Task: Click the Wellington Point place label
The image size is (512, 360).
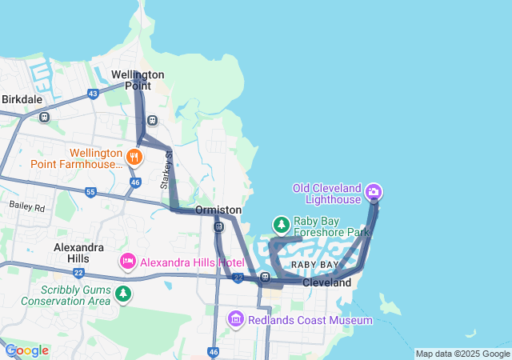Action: [x=138, y=80]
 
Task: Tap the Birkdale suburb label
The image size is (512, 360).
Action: [x=22, y=99]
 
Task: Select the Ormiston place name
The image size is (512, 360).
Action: [x=218, y=210]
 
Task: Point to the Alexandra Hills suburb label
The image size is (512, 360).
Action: [x=78, y=253]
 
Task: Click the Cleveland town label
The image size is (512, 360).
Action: [x=326, y=283]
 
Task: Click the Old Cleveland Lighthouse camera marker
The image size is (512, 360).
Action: [x=374, y=192]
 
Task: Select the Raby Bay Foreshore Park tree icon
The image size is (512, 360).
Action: [x=281, y=224]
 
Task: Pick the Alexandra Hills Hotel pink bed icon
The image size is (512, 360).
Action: [x=128, y=262]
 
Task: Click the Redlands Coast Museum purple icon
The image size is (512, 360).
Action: [x=236, y=320]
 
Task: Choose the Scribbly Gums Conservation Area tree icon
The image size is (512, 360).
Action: [x=123, y=294]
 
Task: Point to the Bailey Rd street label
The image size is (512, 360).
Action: [x=28, y=206]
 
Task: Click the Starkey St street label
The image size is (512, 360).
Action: [x=166, y=170]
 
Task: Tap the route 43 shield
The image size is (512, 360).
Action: [x=94, y=94]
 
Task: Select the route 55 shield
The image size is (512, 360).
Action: [x=90, y=193]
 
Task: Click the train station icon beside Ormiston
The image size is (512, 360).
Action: [x=218, y=226]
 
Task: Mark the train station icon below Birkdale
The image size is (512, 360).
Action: [x=44, y=117]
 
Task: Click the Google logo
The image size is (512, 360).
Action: [x=26, y=350]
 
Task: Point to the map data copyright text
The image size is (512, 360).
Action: [x=462, y=354]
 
